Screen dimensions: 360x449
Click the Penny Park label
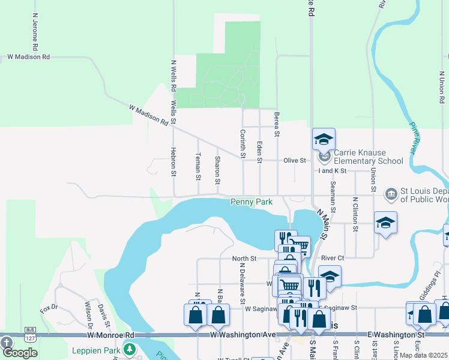[x=252, y=202]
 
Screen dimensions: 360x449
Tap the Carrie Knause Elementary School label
[x=369, y=157]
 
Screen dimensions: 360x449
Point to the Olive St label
[x=295, y=161]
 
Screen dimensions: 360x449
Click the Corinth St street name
[x=243, y=144]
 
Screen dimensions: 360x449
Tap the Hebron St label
[x=173, y=162]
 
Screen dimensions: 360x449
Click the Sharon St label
[x=217, y=170]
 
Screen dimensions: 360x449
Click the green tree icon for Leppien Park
[x=130, y=349]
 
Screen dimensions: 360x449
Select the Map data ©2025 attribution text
[x=423, y=355]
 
